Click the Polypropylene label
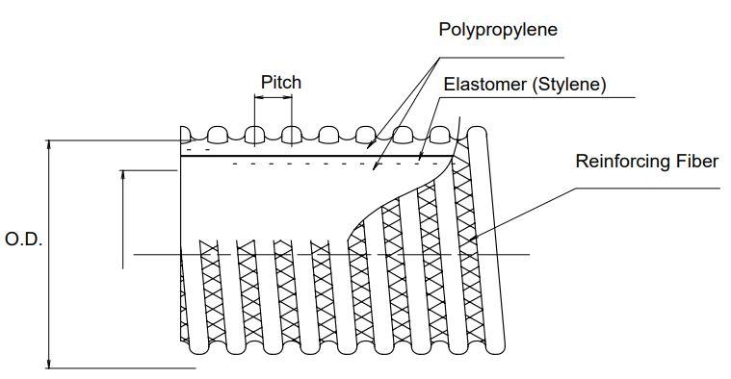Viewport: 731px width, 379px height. pyautogui.click(x=498, y=30)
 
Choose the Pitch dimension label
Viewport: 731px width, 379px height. pyautogui.click(x=281, y=83)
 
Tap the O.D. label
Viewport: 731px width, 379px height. pyautogui.click(x=23, y=240)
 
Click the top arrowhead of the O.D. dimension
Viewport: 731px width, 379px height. pyautogui.click(x=48, y=145)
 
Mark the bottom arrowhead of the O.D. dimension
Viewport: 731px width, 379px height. pyautogui.click(x=48, y=364)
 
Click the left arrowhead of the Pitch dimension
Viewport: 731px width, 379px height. pyautogui.click(x=259, y=97)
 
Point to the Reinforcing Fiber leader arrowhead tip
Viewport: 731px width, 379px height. pyautogui.click(x=469, y=240)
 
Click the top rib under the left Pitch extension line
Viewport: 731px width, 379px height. pyautogui.click(x=254, y=134)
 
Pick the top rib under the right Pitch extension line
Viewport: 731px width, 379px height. pyautogui.click(x=292, y=134)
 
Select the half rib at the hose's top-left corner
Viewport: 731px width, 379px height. pyautogui.click(x=185, y=134)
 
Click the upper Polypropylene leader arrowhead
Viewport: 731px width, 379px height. pyautogui.click(x=369, y=146)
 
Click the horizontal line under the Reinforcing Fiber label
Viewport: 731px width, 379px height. pyautogui.click(x=647, y=189)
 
